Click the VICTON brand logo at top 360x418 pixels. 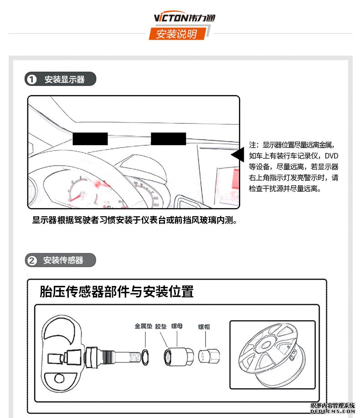click(x=184, y=18)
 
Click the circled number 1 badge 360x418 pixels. click(x=31, y=80)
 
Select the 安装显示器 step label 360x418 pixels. click(x=64, y=80)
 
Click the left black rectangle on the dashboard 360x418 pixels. click(x=90, y=139)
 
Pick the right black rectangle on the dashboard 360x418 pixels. click(x=168, y=139)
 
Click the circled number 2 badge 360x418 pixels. click(x=31, y=260)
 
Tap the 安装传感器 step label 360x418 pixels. click(x=63, y=260)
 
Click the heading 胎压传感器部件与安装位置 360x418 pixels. click(x=117, y=291)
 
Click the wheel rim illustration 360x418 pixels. click(x=272, y=354)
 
